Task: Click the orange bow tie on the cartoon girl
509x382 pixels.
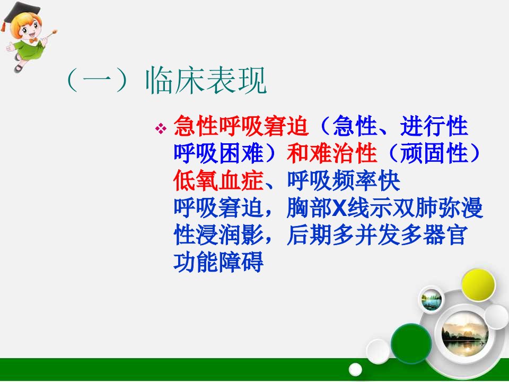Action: tap(33, 40)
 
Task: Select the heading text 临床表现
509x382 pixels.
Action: tap(206, 81)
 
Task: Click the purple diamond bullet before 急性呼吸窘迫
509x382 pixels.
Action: tap(161, 128)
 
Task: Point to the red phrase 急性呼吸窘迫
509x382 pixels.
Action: tap(241, 126)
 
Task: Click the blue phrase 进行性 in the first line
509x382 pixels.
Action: tap(434, 126)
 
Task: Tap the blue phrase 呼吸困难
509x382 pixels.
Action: tap(218, 153)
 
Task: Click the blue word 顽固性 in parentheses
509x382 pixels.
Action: tap(434, 153)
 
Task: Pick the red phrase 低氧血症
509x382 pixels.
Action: tap(218, 180)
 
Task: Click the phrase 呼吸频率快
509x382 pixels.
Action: tap(344, 180)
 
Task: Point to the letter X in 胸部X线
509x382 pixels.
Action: tap(339, 208)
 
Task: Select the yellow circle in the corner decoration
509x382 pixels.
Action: tap(478, 285)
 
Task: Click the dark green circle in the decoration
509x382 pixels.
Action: tap(411, 343)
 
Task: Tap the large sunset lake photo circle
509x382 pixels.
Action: tap(465, 334)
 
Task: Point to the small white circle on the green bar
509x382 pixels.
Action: tap(355, 370)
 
